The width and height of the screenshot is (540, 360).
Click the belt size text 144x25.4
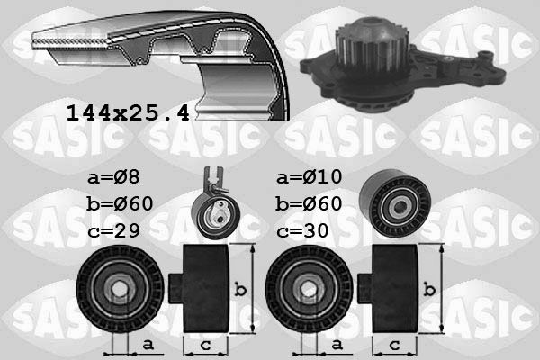click(128, 113)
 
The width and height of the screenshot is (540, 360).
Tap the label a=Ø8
click(113, 177)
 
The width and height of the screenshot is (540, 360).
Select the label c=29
click(113, 230)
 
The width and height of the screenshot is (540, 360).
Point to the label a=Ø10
click(310, 177)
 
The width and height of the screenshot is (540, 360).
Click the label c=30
click(302, 230)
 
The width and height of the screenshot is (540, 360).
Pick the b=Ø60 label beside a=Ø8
click(120, 203)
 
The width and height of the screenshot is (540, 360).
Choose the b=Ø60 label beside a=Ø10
click(309, 203)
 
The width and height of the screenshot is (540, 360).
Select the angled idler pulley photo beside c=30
click(395, 204)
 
